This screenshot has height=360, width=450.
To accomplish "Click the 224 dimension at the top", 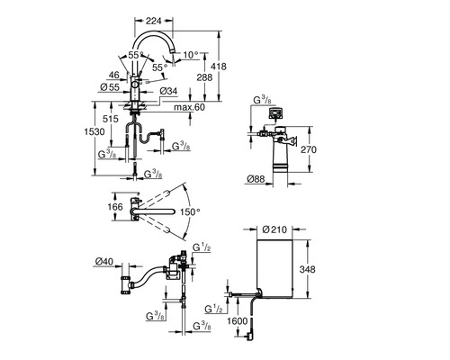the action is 153,21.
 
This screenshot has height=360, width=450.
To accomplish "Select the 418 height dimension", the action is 219,66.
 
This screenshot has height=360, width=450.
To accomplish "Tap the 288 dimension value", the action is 204,77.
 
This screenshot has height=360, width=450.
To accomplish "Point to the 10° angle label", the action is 191,55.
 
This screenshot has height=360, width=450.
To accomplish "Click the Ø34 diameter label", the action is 168,91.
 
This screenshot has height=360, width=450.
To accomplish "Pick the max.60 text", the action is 190,107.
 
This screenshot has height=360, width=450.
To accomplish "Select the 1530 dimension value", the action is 94,131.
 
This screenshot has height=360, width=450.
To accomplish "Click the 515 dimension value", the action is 111,119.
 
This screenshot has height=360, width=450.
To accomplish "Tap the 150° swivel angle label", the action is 190,211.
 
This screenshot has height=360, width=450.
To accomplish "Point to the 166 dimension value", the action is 115,207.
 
